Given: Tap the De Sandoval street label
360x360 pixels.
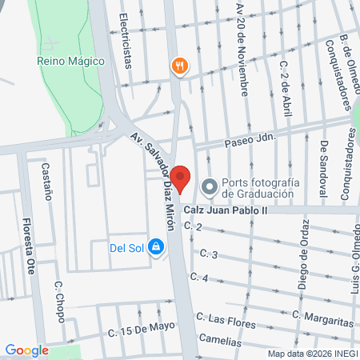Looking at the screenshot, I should coord(324,167).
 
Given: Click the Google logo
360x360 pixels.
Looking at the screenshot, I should coord(27,350).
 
